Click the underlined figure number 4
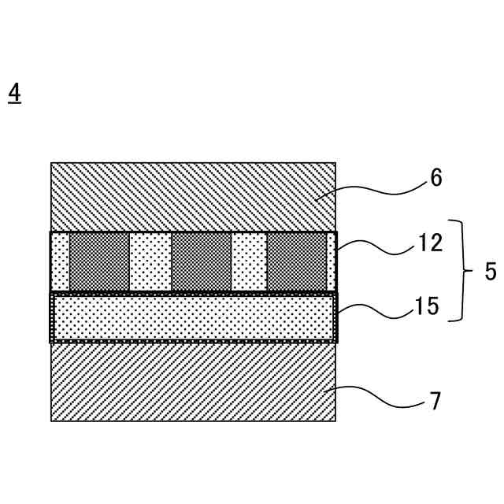pyautogui.click(x=14, y=93)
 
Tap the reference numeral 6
pyautogui.click(x=435, y=178)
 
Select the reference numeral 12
pyautogui.click(x=431, y=243)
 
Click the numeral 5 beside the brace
pyautogui.click(x=490, y=272)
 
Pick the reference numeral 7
pyautogui.click(x=435, y=402)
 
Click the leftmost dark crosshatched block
pyautogui.click(x=99, y=261)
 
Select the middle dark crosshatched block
pyautogui.click(x=201, y=261)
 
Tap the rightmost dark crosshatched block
pyautogui.click(x=297, y=261)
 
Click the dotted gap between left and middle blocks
pyautogui.click(x=150, y=261)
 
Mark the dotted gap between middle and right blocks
pyautogui.click(x=249, y=261)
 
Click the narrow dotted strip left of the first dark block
pyautogui.click(x=61, y=261)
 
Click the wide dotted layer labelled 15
pyautogui.click(x=193, y=317)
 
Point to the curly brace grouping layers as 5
pyautogui.click(x=460, y=271)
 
